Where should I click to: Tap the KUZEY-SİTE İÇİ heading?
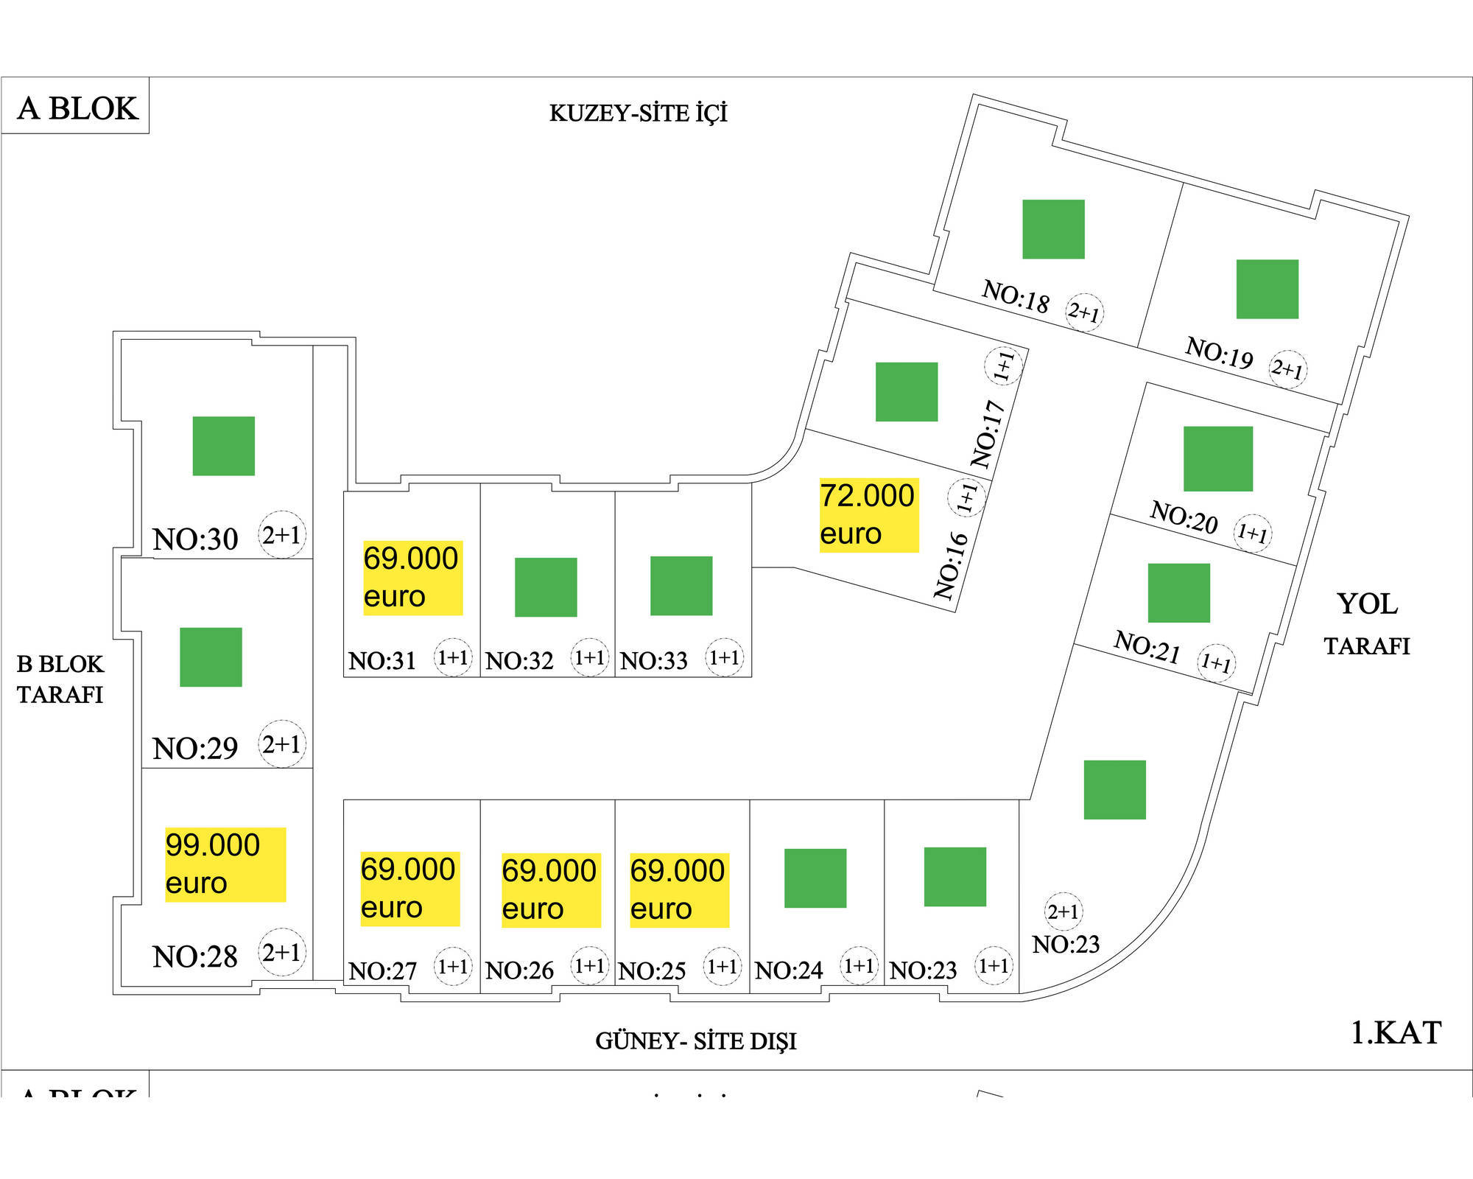[638, 113]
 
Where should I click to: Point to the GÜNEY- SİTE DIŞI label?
[695, 1040]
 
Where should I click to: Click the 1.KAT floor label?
[1396, 1032]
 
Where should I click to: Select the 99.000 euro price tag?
[225, 864]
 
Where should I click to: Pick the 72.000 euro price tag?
[868, 514]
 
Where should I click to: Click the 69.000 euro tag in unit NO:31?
[412, 578]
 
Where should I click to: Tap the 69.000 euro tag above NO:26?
[550, 889]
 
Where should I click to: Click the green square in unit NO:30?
[223, 446]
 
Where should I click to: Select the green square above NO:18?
[1053, 229]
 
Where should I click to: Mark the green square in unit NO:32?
[546, 587]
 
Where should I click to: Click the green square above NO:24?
[815, 878]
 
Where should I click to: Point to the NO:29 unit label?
[195, 749]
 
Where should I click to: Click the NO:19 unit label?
[1219, 354]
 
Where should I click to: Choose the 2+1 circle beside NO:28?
[282, 952]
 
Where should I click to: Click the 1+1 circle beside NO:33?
[724, 657]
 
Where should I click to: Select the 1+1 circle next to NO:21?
[1216, 662]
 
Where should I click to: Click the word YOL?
[1367, 604]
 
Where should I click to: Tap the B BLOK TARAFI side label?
[60, 679]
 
